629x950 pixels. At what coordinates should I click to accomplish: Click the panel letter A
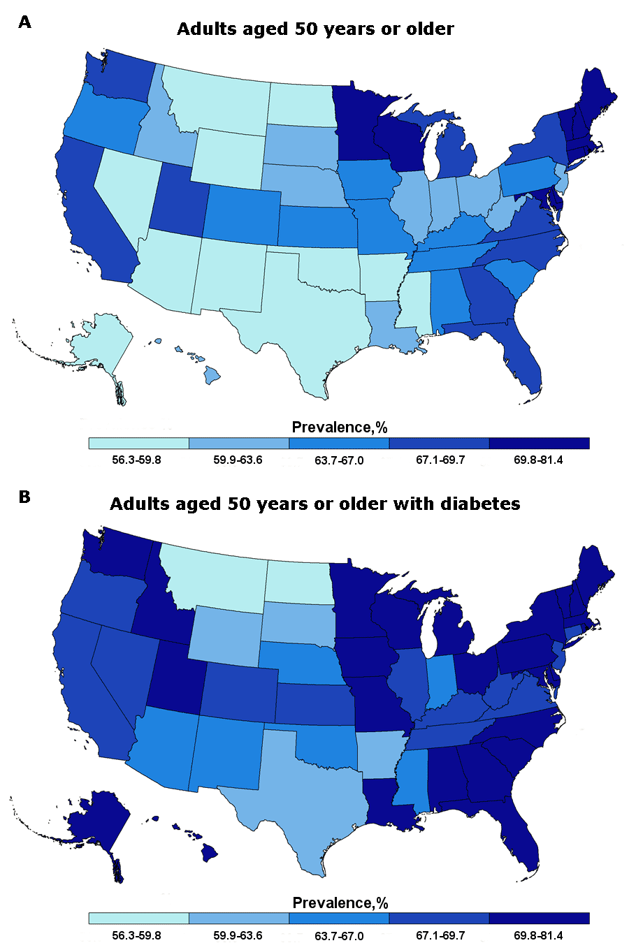(24, 22)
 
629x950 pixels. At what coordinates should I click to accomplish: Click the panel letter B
(24, 497)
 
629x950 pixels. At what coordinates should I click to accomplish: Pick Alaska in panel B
(98, 817)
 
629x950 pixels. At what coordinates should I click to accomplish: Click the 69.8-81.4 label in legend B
(538, 935)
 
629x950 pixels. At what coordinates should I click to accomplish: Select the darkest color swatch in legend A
(539, 444)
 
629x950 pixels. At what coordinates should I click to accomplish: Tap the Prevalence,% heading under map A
(340, 427)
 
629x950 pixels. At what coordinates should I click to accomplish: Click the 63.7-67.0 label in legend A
(340, 460)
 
